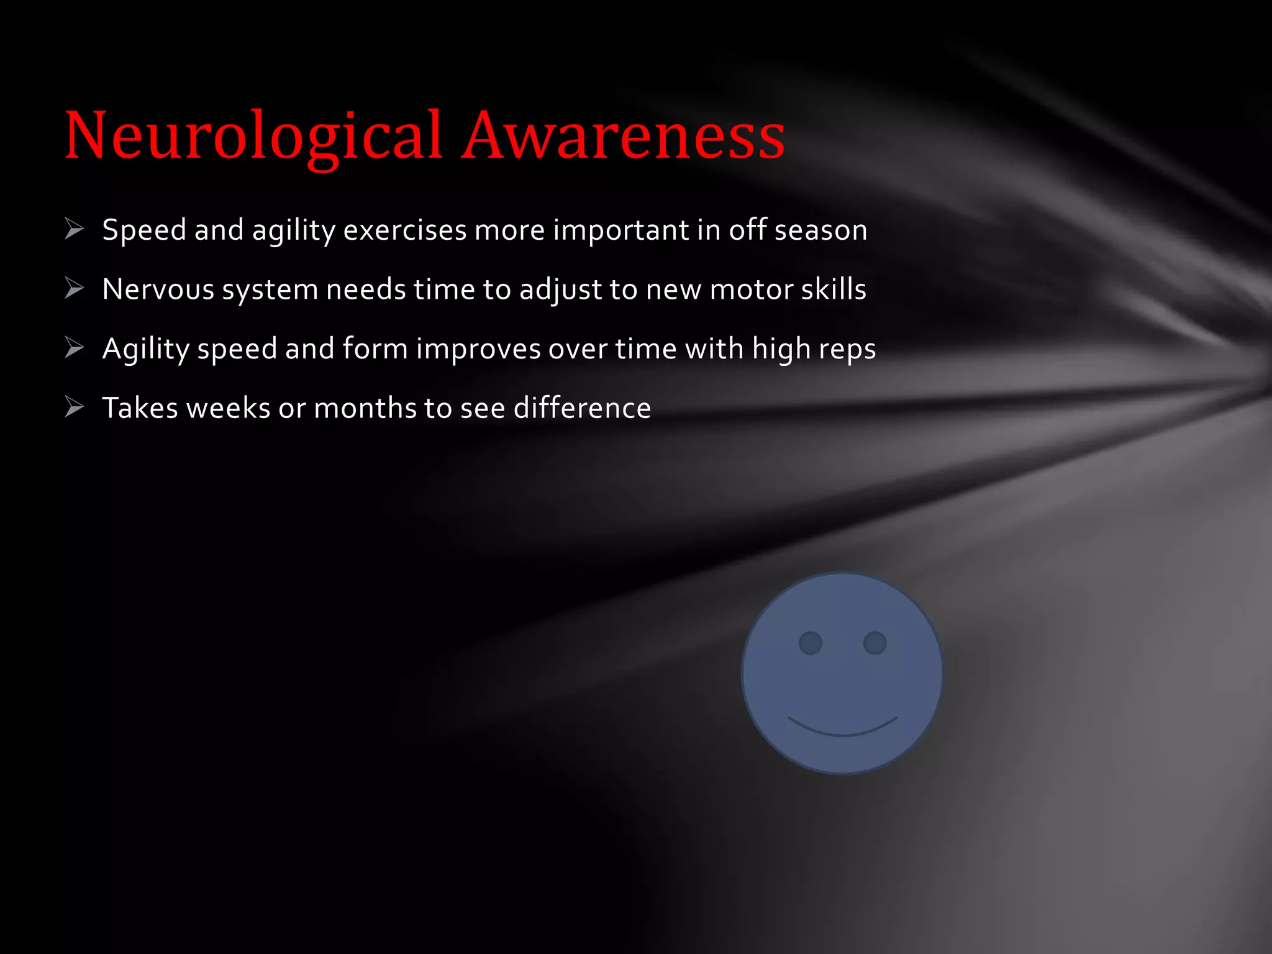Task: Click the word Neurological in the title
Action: click(x=253, y=135)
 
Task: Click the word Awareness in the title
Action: click(x=624, y=135)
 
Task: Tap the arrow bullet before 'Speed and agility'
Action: click(x=74, y=229)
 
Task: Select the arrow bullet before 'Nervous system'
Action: click(x=74, y=288)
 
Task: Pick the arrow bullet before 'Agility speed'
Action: click(x=74, y=348)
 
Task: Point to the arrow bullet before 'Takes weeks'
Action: click(x=74, y=407)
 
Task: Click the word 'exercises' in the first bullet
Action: click(x=405, y=230)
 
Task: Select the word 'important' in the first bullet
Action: click(x=620, y=230)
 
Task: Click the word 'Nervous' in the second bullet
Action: click(x=158, y=289)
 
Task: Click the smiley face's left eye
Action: click(x=810, y=643)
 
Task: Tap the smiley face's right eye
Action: click(x=874, y=643)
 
